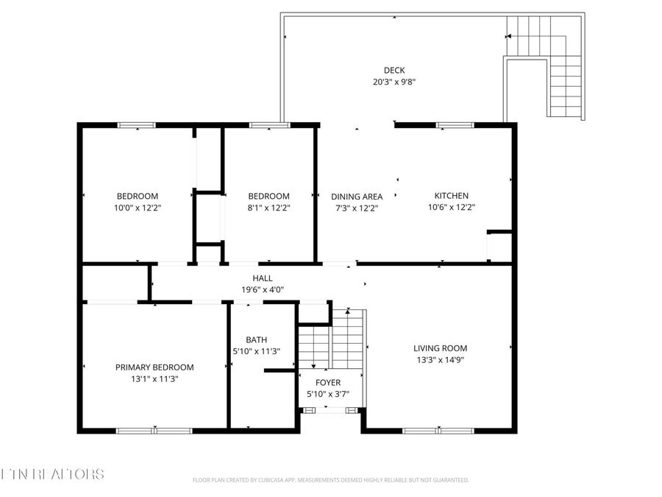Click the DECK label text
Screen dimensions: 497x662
pos(394,71)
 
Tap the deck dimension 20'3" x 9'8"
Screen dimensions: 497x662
pos(394,82)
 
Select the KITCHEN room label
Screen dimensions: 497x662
pos(451,196)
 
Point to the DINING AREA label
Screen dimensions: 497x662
pos(357,197)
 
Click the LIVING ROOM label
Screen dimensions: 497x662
pos(440,348)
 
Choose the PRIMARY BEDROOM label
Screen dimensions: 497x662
pos(154,367)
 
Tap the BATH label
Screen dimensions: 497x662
pos(256,339)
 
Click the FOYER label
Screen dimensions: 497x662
pos(328,383)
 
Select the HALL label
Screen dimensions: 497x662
pos(263,278)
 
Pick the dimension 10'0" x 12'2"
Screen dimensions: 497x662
pos(138,208)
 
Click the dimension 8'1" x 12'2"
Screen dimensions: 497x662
pos(268,208)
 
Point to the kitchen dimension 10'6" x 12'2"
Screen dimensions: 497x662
pos(451,208)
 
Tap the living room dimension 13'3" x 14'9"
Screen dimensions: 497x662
pos(440,360)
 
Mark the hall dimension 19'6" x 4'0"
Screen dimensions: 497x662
pos(263,289)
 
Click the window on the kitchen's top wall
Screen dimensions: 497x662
pos(454,125)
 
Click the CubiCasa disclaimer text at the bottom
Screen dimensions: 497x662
pos(330,480)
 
